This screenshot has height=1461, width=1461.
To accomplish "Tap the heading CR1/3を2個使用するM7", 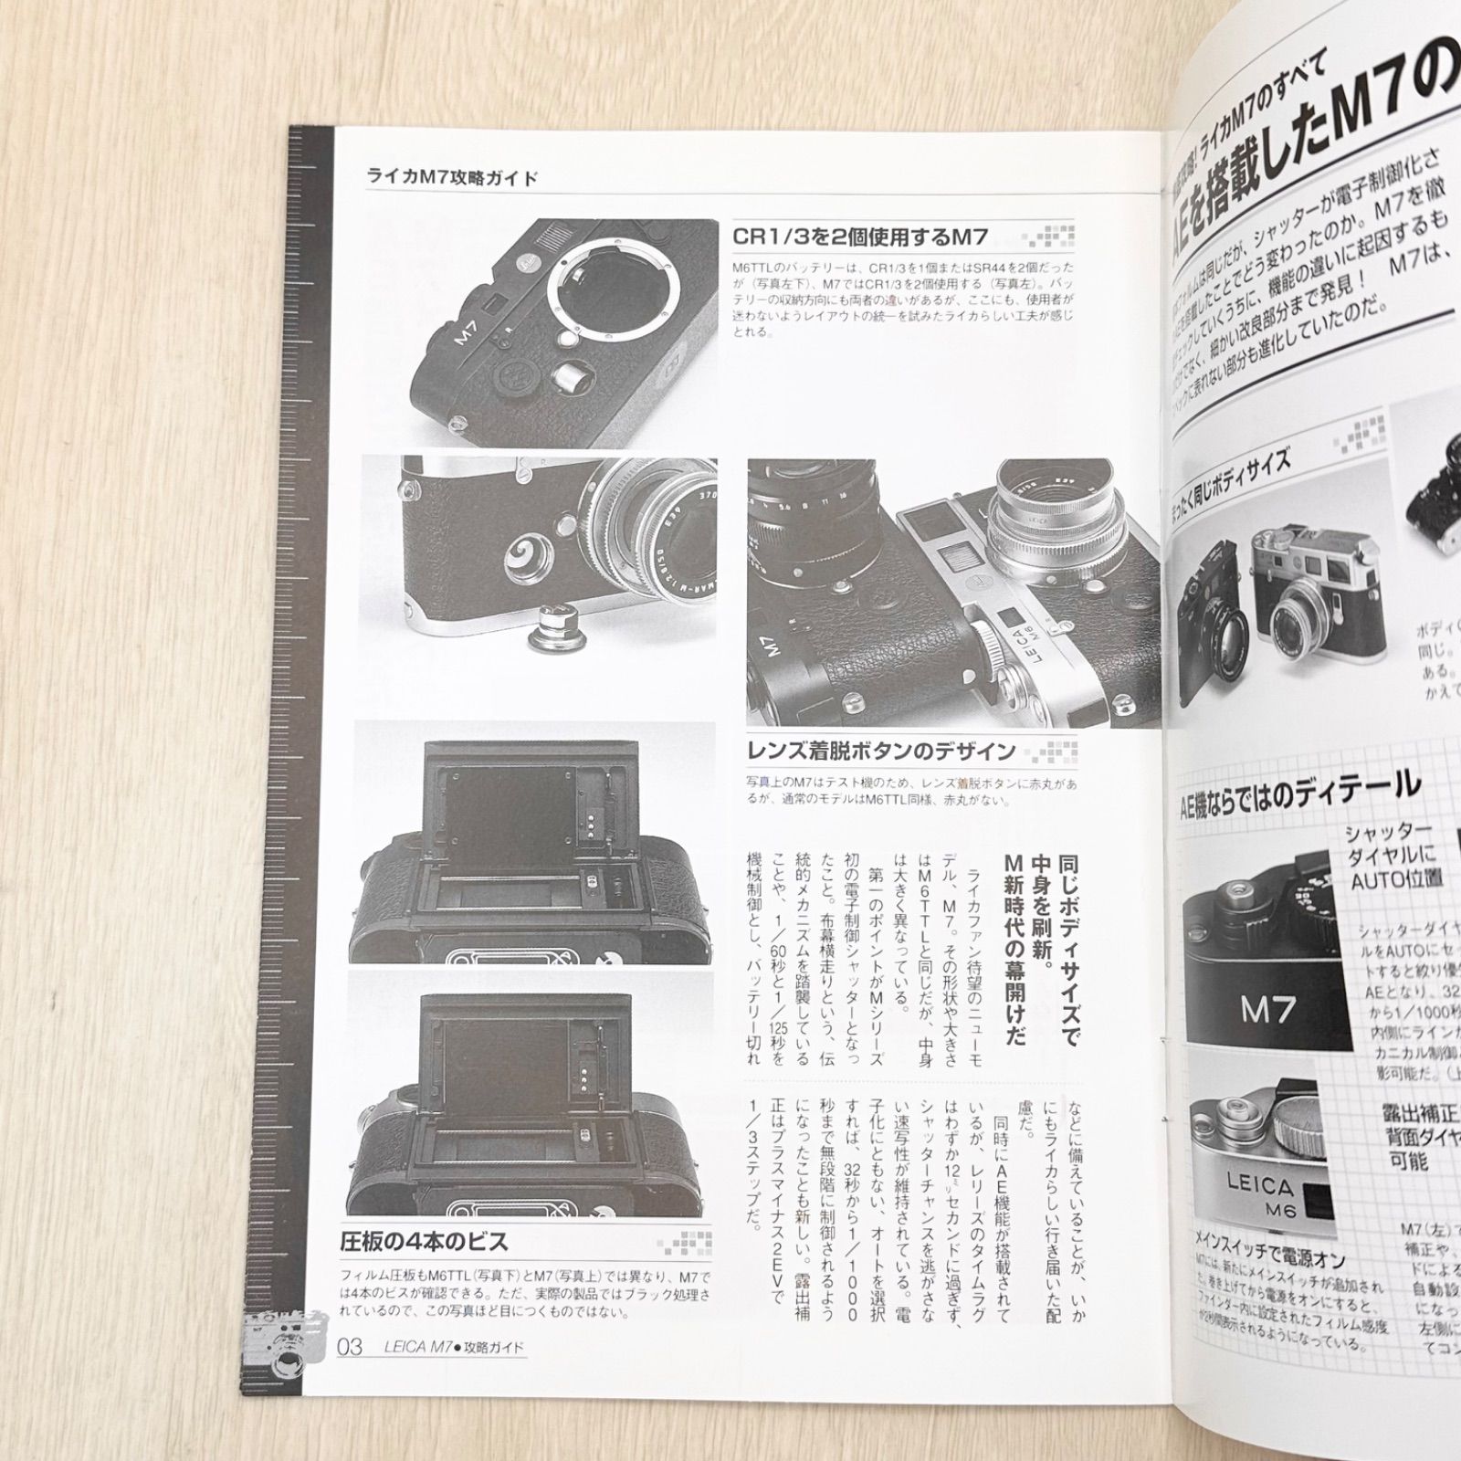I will pyautogui.click(x=860, y=237).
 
